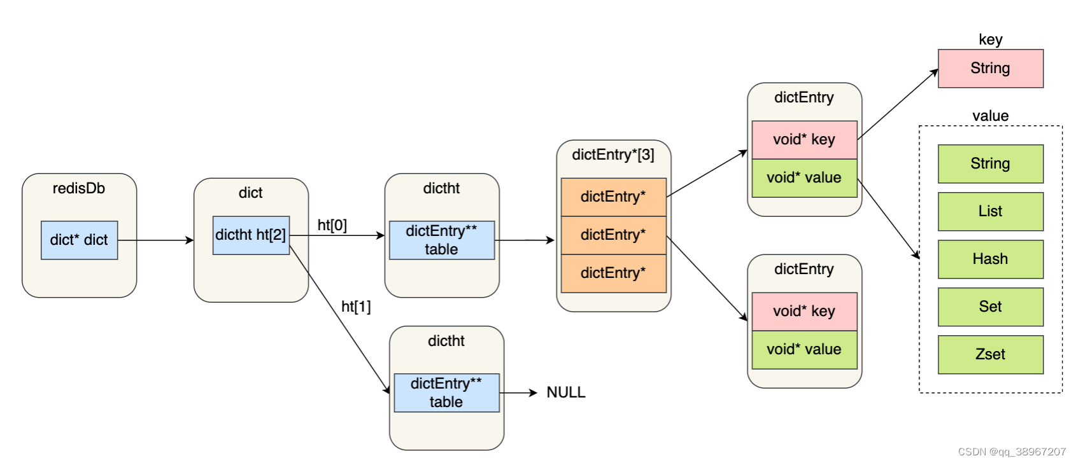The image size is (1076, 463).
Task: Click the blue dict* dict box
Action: tap(79, 240)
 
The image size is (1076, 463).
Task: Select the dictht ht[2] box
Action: tap(251, 235)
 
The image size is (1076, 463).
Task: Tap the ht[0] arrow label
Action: tap(332, 225)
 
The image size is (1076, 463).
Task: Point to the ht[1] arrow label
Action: tap(356, 307)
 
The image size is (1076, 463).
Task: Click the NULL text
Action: tap(565, 392)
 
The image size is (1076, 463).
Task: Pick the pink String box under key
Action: tap(990, 68)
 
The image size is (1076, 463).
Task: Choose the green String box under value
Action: tap(990, 163)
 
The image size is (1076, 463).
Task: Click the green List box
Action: tap(990, 211)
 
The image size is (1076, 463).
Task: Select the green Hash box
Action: tap(990, 259)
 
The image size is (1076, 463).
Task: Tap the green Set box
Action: tap(990, 307)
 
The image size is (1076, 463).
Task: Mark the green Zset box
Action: tap(990, 354)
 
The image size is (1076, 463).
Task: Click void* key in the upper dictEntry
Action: tap(804, 139)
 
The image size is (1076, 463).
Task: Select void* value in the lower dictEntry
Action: tap(804, 349)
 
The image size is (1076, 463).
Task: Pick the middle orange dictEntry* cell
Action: tap(613, 235)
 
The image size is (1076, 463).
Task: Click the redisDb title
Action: tap(79, 188)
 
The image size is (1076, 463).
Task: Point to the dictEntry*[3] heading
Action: tap(613, 155)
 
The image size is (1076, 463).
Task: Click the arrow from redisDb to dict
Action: tap(156, 240)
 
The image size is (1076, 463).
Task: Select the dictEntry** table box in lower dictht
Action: tap(446, 392)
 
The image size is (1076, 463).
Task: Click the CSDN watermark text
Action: tap(1011, 452)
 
